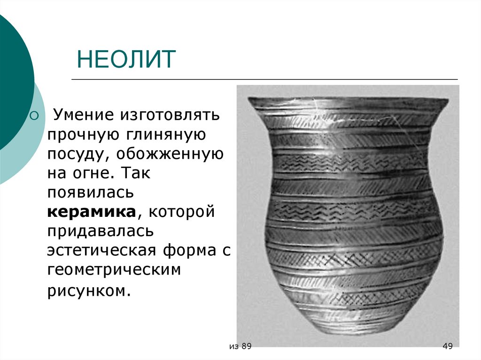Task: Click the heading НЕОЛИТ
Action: (126, 60)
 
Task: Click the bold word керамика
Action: (91, 212)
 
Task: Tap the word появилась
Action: (91, 192)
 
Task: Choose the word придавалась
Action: (100, 231)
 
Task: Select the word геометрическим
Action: (114, 270)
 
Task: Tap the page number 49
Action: (447, 346)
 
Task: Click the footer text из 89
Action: (241, 346)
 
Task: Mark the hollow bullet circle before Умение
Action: (33, 115)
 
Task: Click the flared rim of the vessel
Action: (347, 103)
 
